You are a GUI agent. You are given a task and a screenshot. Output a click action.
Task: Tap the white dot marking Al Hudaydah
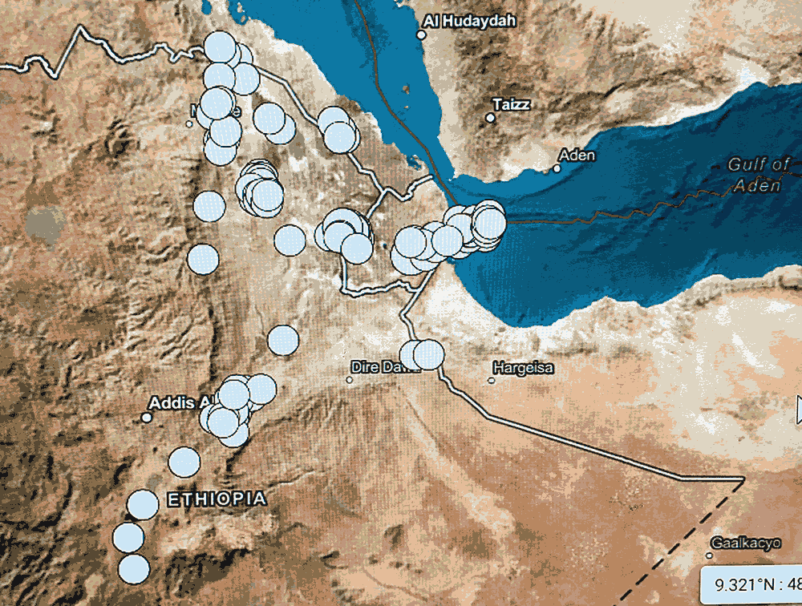click(422, 34)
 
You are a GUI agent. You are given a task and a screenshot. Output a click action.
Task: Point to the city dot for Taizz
click(490, 118)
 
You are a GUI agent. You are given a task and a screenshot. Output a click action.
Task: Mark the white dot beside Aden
click(557, 168)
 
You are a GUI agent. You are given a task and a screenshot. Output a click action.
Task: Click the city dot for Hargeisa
click(492, 380)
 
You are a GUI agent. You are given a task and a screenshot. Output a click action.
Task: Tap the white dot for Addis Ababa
click(147, 417)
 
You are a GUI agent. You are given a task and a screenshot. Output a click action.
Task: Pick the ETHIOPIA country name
click(217, 499)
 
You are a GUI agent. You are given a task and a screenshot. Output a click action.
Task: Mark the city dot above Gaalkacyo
click(710, 555)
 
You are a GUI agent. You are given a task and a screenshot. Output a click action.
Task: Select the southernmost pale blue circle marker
click(134, 568)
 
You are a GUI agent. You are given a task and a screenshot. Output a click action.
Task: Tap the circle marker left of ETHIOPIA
click(143, 505)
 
